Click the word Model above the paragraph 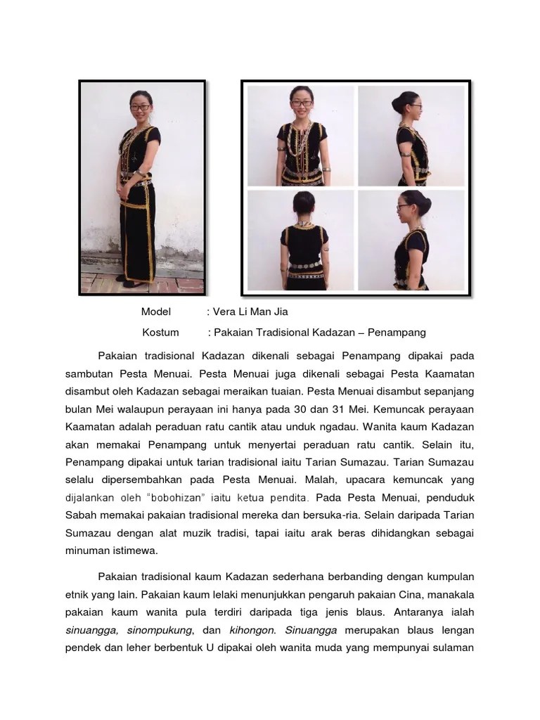click(x=155, y=311)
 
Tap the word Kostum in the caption click(x=160, y=332)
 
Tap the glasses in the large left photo click(x=139, y=108)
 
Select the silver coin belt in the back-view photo click(x=303, y=268)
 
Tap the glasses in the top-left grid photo click(x=302, y=103)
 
